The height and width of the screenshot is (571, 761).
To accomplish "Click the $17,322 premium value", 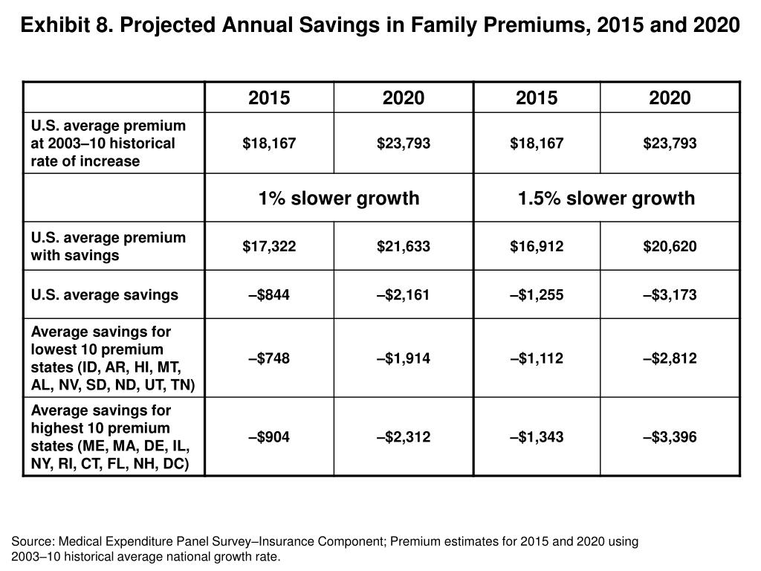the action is (x=269, y=246).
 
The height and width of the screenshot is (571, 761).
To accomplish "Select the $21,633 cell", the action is (x=404, y=246).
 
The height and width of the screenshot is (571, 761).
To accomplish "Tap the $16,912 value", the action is (x=537, y=246).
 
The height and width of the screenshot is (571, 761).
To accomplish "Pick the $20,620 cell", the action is (x=670, y=246).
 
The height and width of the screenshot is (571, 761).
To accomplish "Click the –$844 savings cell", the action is (x=269, y=294).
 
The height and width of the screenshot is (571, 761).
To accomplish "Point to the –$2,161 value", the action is (x=404, y=294).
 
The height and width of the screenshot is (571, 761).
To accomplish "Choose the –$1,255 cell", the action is (x=537, y=294).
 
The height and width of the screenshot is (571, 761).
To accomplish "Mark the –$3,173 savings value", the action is (x=670, y=294).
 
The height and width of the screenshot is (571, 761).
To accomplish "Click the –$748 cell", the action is (x=269, y=358).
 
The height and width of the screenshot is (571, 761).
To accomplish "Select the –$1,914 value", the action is (x=404, y=358).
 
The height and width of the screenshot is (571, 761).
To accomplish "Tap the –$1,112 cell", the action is (x=537, y=358).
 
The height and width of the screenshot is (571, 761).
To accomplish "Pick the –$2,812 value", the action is (x=670, y=358).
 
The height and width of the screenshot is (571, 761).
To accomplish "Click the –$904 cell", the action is (x=269, y=437).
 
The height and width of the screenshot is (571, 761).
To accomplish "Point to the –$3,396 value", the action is (x=670, y=437).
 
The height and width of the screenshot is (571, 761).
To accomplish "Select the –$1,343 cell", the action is (x=537, y=437).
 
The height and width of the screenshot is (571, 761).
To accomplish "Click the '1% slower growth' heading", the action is (x=339, y=198).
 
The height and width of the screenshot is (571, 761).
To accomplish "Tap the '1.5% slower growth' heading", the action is (x=606, y=198).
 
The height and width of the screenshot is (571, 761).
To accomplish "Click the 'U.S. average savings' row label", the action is (x=104, y=294).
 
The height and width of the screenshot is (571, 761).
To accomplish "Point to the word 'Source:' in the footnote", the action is (x=32, y=541).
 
